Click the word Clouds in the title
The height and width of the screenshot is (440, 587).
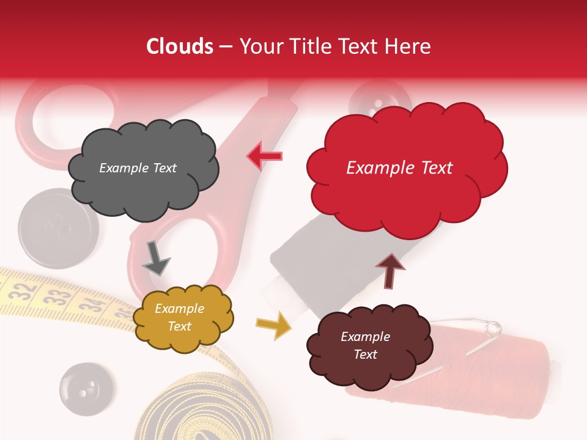[180, 46]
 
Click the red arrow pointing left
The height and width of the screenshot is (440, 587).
[264, 156]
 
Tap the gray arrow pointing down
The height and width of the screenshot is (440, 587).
[155, 258]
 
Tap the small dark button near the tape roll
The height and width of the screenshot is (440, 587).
[86, 389]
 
